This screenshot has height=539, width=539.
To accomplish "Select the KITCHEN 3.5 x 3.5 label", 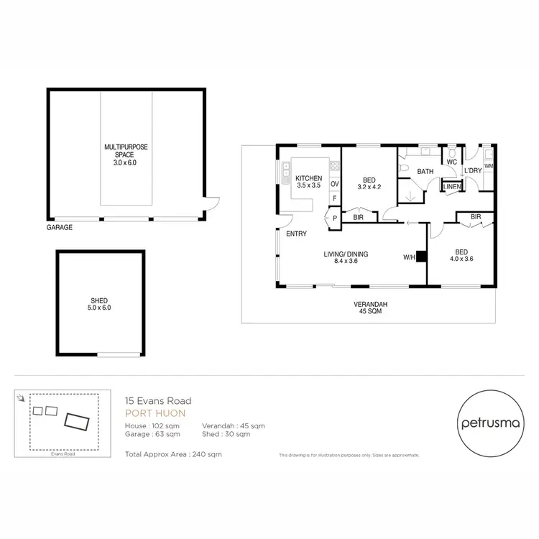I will (x=308, y=181).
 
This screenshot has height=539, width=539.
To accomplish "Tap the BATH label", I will (x=425, y=172).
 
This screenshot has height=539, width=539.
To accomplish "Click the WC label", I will (x=451, y=162).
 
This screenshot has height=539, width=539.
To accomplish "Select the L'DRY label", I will (x=472, y=171).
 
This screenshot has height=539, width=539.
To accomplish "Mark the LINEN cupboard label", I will (x=451, y=187).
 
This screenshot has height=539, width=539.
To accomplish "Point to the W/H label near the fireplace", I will (x=409, y=257).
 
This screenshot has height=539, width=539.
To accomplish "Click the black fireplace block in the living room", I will (x=422, y=256).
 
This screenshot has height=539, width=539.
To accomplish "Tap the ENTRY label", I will (x=296, y=234).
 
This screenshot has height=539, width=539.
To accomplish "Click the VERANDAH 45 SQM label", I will (x=370, y=308).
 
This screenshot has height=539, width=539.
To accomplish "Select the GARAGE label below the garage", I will (x=60, y=227).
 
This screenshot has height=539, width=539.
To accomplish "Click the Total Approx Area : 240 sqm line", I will (x=173, y=455).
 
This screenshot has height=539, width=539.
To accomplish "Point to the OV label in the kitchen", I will (x=334, y=184).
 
